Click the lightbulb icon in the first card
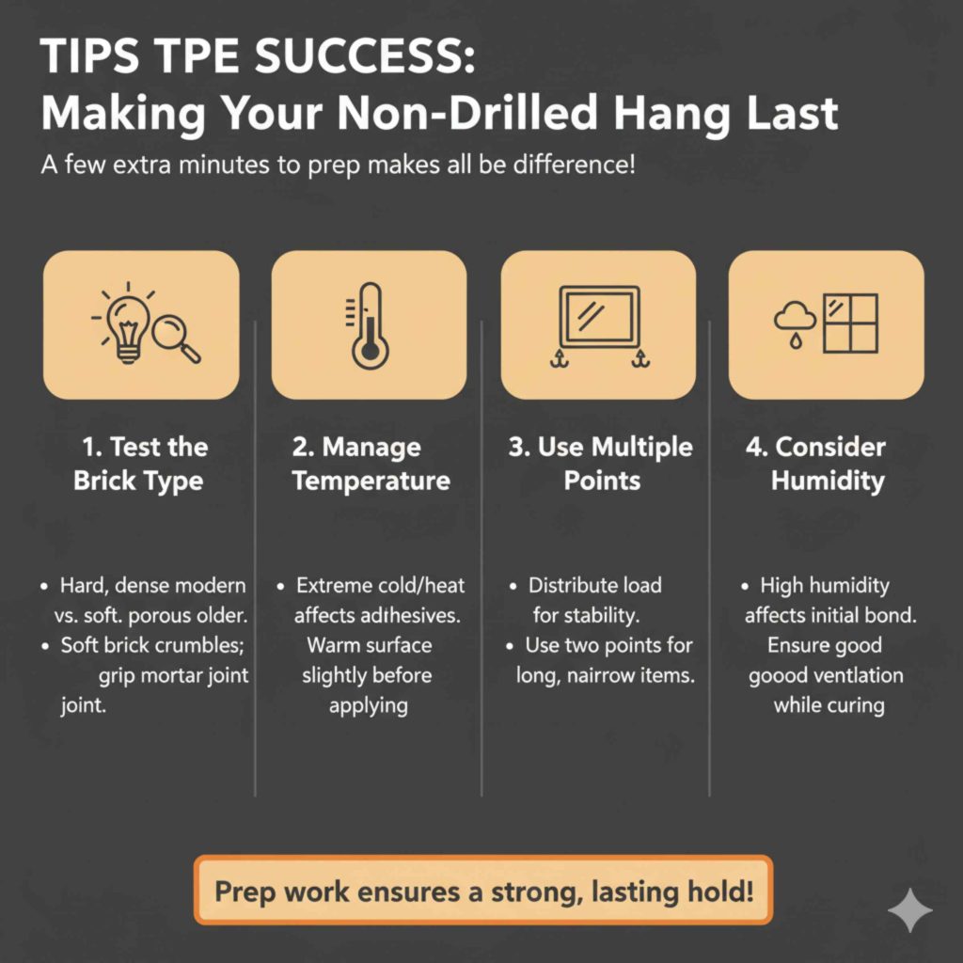(127, 325)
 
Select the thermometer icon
(368, 326)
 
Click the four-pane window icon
(849, 324)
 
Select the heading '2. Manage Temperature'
(370, 464)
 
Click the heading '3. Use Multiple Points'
(600, 464)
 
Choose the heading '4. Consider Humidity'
(828, 464)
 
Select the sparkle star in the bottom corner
(910, 910)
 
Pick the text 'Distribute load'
(594, 585)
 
